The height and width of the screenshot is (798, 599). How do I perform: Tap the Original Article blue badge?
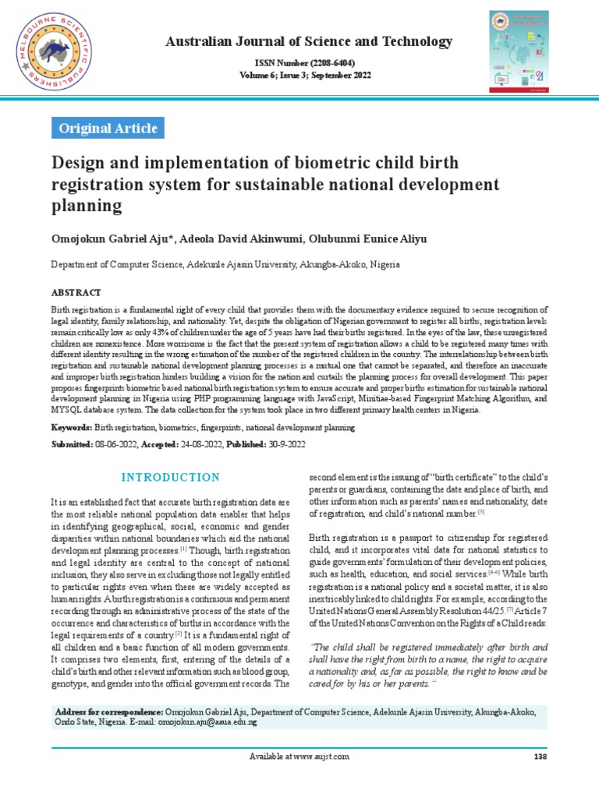(108, 128)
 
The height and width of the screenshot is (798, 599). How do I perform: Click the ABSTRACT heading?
(76, 292)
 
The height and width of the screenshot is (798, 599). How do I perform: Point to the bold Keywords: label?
(72, 427)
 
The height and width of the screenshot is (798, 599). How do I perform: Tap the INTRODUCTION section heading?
(172, 477)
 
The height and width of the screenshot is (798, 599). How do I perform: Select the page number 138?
(539, 756)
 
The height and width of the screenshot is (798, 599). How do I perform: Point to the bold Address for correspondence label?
(108, 711)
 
